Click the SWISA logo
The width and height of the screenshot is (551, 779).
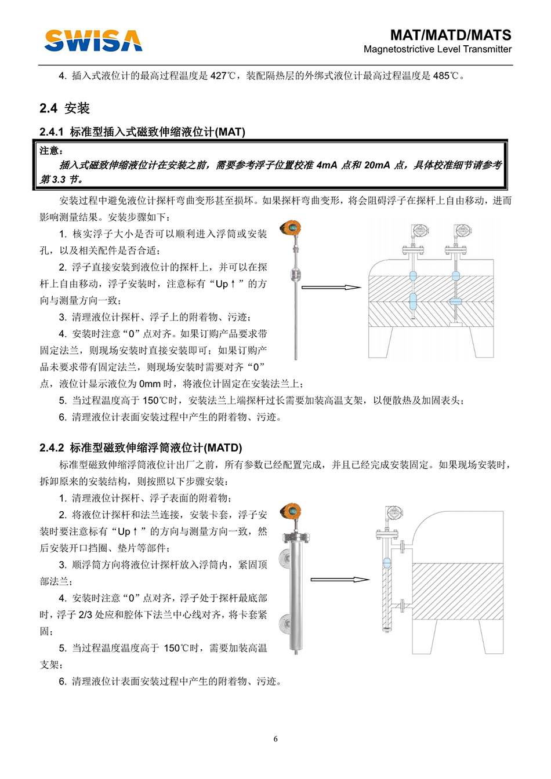point(93,41)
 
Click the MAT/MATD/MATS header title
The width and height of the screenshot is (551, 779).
point(450,35)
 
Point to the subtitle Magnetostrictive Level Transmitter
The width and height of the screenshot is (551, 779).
point(437,49)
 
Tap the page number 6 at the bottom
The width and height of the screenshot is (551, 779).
point(275,738)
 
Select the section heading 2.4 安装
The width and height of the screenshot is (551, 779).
point(65,108)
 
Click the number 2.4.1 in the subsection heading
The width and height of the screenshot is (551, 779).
point(52,132)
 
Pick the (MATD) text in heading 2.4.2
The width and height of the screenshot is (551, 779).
point(224,448)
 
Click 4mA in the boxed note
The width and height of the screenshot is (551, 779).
point(327,165)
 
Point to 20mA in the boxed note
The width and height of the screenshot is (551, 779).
point(377,165)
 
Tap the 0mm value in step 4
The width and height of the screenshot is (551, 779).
point(149,384)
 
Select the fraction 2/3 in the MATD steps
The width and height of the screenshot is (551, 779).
point(85,614)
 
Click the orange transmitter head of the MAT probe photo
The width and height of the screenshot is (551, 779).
point(291,228)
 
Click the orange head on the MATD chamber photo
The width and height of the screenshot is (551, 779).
point(291,511)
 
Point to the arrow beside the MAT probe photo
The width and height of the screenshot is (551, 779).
point(331,287)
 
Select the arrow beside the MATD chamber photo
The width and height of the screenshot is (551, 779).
point(339,579)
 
